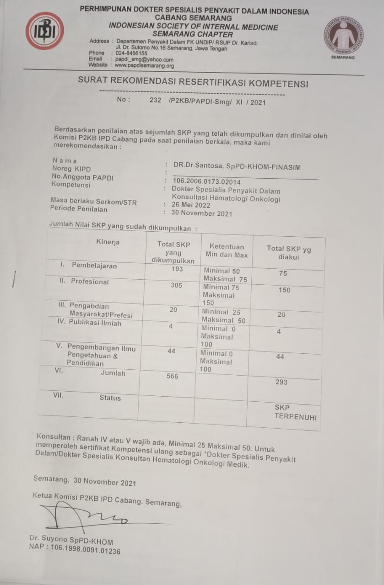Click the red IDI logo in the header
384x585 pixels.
click(x=44, y=31)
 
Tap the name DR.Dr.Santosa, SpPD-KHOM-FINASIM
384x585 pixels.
click(x=237, y=167)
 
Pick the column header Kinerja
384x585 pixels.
click(x=108, y=242)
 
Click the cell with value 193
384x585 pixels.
click(x=176, y=269)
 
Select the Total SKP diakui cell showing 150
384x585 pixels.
click(x=284, y=290)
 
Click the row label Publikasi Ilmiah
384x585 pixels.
click(x=95, y=323)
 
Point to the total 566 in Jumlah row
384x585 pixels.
click(x=172, y=376)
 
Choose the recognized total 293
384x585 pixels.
click(x=281, y=382)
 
